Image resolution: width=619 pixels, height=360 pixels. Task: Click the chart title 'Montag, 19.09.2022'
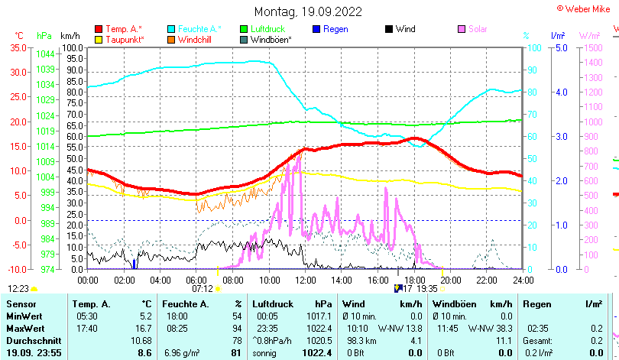pos(309,11)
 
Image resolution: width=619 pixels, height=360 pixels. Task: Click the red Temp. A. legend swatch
pos(99,29)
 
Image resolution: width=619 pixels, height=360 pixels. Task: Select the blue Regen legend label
pos(335,29)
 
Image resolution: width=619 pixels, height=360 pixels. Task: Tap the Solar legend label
pos(479,29)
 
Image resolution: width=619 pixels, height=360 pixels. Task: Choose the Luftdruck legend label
pos(268,29)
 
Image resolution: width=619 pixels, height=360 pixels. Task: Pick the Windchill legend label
pos(196,39)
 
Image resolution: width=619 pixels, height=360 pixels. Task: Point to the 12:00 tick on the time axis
pos(305,280)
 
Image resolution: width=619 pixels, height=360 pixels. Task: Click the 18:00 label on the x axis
pos(413,280)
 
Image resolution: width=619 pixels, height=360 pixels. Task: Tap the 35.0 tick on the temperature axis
pos(17,47)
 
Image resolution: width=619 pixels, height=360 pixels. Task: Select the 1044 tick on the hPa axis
pos(45,54)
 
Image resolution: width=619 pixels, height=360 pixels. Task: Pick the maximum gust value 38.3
pos(501,329)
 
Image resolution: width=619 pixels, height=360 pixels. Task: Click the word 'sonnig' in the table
pos(266,352)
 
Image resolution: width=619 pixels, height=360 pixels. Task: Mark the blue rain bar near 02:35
pos(134,264)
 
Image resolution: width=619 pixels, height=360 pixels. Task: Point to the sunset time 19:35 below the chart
pos(426,288)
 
